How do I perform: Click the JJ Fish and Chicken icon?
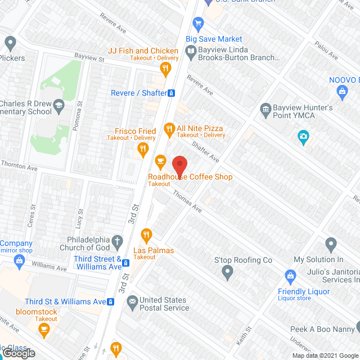[x=165, y=69]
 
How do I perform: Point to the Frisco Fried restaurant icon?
[x=143, y=149]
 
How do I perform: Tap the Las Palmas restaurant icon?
[x=146, y=234]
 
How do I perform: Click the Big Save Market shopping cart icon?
[x=197, y=24]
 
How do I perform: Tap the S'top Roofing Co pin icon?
[x=227, y=273]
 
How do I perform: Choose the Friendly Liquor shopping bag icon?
[x=290, y=276]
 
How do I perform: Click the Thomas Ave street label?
[x=187, y=201]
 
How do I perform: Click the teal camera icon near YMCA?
[x=303, y=137]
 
